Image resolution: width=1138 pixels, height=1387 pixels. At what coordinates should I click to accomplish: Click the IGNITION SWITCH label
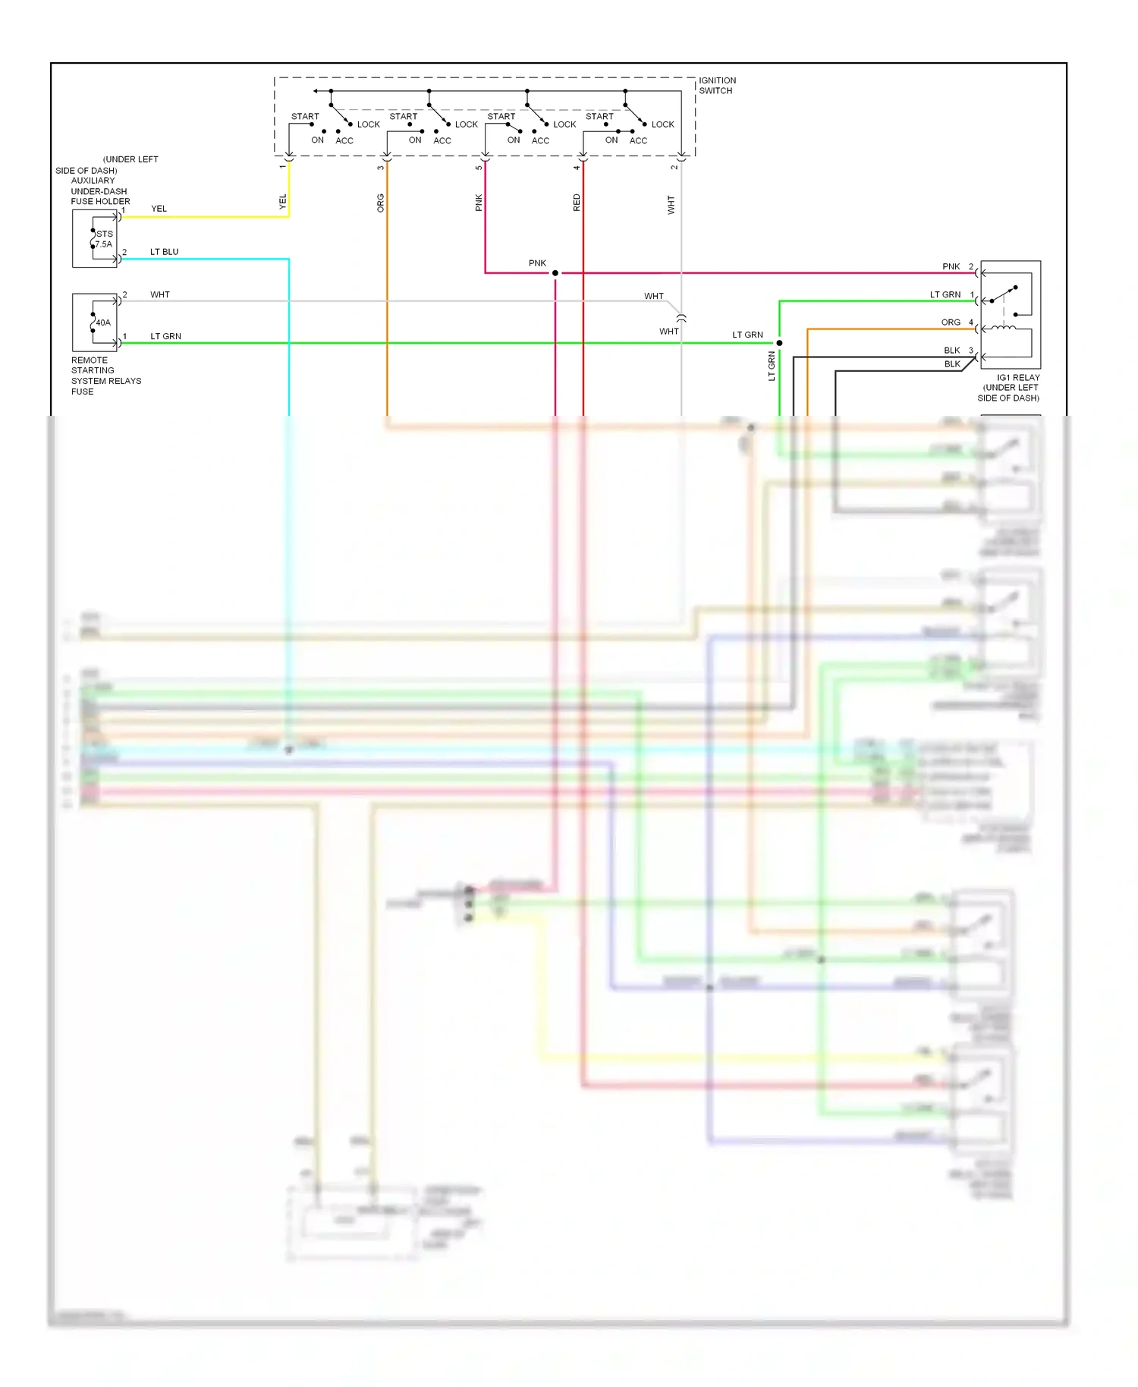(717, 85)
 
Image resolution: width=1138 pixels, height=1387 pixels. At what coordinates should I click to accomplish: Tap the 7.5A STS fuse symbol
(94, 239)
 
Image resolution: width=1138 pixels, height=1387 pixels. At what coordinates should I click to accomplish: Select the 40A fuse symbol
(94, 322)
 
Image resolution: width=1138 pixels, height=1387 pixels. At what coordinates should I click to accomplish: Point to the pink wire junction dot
(555, 273)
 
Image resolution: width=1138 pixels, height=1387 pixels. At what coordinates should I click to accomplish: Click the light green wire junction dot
(779, 343)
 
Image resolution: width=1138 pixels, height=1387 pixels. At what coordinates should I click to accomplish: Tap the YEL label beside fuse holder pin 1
(159, 209)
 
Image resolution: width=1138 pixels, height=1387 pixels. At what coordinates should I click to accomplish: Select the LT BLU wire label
(164, 252)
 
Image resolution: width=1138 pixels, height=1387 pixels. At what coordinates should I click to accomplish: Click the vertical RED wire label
(577, 203)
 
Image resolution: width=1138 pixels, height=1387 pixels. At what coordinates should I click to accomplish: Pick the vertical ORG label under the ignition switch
(381, 203)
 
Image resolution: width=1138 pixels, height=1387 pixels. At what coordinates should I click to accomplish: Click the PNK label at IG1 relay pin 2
(951, 266)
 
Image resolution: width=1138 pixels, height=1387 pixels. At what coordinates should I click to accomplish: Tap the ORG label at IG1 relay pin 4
(951, 322)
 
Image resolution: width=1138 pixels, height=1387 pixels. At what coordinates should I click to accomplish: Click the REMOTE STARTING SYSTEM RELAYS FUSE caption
(105, 376)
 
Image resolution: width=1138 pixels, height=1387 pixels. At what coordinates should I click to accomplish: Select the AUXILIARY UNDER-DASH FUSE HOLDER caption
(100, 191)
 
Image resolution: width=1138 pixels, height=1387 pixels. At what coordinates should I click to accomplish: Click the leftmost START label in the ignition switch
(305, 116)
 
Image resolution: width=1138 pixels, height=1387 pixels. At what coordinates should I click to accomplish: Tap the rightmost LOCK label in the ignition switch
(662, 124)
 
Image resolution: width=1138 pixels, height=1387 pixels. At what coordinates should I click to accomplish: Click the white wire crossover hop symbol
(681, 318)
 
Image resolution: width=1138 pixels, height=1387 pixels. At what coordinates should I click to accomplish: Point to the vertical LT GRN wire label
(772, 366)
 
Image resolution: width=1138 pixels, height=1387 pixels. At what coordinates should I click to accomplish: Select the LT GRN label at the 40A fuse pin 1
(165, 336)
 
